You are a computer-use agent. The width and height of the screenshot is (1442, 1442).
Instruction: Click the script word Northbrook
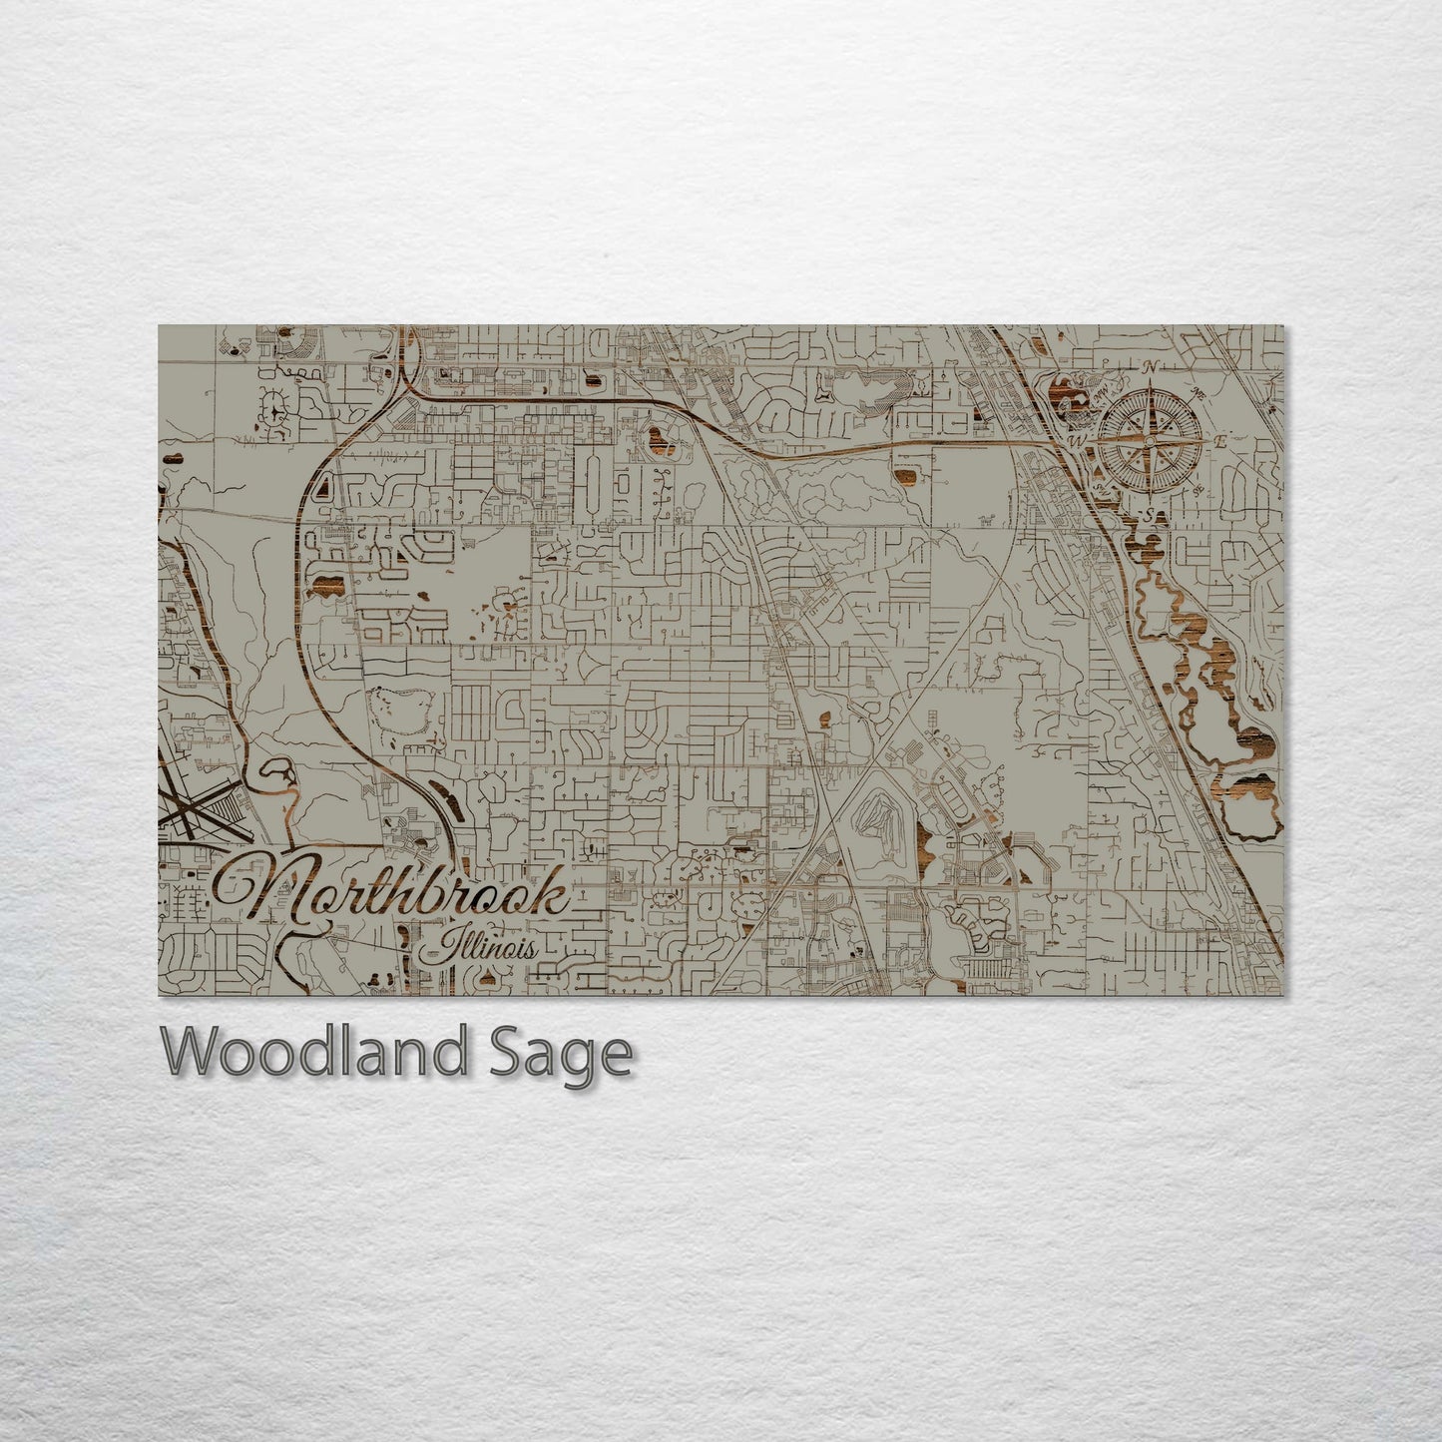[x=399, y=894]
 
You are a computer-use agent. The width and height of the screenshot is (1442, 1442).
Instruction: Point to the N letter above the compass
[x=1152, y=367]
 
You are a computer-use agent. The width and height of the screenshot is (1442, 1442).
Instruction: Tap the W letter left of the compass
[x=1077, y=439]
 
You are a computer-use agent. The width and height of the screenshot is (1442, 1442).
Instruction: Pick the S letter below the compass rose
[x=1150, y=513]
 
